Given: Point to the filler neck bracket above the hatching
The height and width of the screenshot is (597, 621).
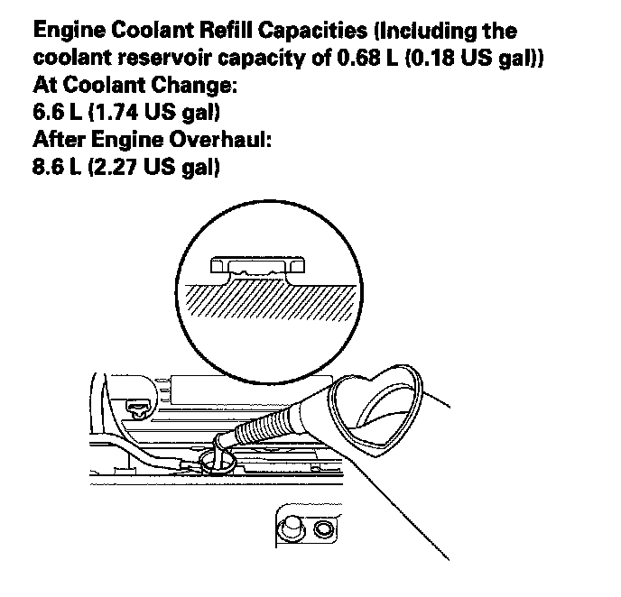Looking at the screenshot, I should (x=255, y=267).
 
